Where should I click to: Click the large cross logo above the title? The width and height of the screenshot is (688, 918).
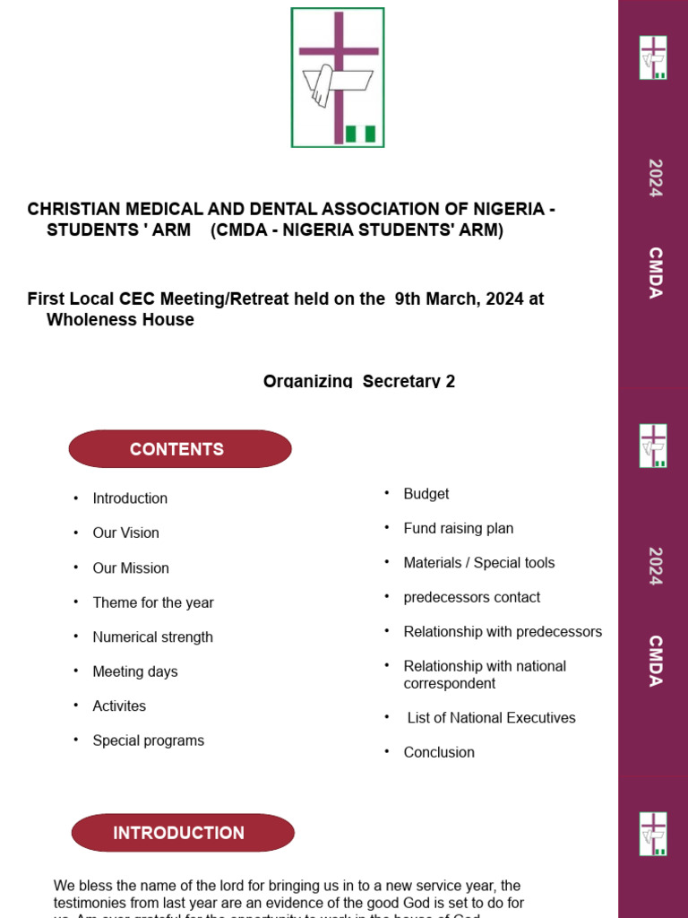338,77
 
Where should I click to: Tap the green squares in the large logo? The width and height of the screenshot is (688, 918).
360,134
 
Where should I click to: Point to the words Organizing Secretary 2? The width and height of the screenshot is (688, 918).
358,381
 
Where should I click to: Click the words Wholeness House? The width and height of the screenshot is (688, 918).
120,320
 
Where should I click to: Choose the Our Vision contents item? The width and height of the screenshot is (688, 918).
125,533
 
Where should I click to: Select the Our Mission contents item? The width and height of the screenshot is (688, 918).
131,567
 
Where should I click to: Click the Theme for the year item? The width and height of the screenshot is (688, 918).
153,602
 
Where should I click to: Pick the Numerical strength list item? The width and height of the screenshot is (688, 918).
152,637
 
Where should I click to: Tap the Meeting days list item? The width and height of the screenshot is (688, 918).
135,671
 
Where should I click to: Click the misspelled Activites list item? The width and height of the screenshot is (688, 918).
119,706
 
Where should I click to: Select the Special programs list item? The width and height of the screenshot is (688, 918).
148,740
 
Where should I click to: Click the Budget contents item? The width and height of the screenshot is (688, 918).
426,494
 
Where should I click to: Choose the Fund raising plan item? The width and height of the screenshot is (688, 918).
459,529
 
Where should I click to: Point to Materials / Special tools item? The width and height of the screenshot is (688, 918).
479,563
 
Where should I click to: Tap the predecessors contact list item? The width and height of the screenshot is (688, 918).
472,597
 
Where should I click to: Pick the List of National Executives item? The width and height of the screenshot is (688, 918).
491,718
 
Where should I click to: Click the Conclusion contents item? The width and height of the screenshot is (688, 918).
439,752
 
